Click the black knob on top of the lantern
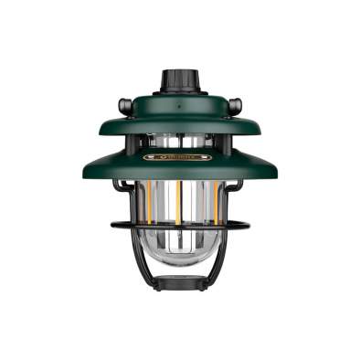[x=180, y=80]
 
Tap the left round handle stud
[x=125, y=105]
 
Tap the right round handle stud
[x=235, y=105]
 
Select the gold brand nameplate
[x=180, y=157]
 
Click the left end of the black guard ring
[x=113, y=224]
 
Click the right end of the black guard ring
[x=247, y=224]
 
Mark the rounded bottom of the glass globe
[x=180, y=260]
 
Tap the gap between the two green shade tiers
[x=180, y=140]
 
